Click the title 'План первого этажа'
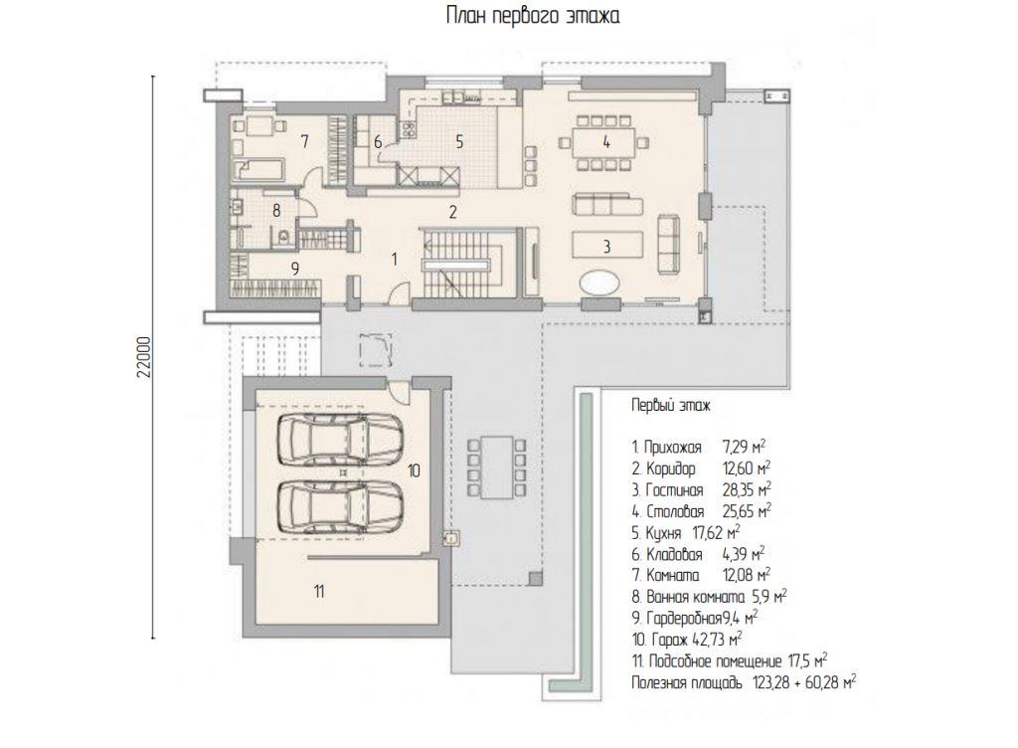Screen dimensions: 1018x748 point(533,15)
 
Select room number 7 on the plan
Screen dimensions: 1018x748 point(304,140)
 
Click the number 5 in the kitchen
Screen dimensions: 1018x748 point(459,141)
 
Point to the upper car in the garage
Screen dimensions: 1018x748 point(341,440)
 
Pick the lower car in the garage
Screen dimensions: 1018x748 point(341,506)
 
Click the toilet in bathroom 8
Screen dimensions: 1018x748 point(283,237)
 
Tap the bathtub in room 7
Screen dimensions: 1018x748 point(258,169)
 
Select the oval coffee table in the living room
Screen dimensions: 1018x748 point(599,282)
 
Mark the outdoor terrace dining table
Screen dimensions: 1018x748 point(496,467)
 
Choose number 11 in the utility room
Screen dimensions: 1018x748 point(319,592)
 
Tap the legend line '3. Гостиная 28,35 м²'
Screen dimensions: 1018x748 point(701,489)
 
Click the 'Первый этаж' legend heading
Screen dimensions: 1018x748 point(671,406)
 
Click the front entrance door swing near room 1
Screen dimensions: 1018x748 point(400,292)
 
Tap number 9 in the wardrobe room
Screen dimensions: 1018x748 point(294,269)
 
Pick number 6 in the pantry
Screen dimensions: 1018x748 point(378,141)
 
